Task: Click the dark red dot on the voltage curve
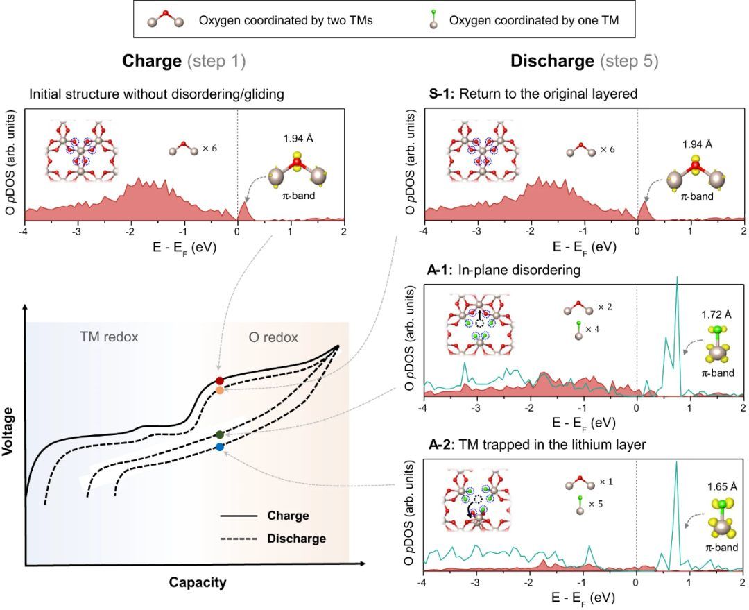[220, 380]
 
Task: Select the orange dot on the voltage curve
[220, 391]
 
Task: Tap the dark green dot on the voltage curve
[220, 434]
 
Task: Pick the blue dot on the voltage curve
[220, 448]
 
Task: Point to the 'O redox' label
[274, 337]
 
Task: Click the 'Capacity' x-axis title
[198, 582]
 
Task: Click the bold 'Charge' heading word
[153, 60]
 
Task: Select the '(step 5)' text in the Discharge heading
[630, 60]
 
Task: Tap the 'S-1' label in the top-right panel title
[440, 94]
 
